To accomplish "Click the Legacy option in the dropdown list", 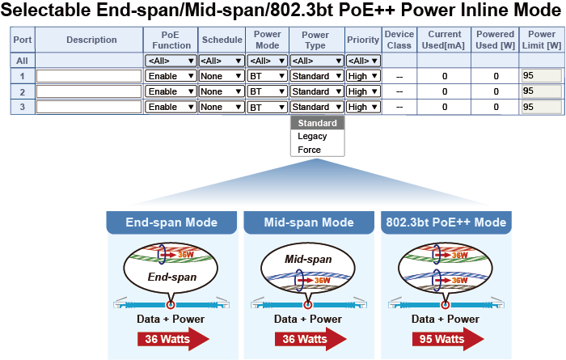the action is tap(312, 136).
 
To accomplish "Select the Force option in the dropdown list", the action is tap(310, 150).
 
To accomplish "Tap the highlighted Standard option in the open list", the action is tap(317, 123).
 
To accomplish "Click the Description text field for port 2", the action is tap(89, 91).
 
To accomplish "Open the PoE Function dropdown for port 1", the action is tap(171, 76).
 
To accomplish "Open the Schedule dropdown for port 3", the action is tap(222, 107).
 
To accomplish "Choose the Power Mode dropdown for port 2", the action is tap(267, 91).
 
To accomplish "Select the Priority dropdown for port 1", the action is tap(363, 76).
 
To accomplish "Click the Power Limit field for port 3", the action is tap(542, 107).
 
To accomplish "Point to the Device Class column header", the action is tap(399, 40).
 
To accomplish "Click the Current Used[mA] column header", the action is tap(444, 40).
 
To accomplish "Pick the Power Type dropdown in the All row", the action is tap(317, 61).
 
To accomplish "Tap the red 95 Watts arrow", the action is tap(448, 339).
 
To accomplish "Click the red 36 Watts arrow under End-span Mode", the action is tap(173, 339).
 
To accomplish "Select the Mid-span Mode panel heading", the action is tap(309, 222).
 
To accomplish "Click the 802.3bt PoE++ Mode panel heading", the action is tap(446, 222).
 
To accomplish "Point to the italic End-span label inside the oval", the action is tap(172, 277).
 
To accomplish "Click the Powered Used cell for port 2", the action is tap(496, 91).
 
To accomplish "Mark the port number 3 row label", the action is tap(23, 107).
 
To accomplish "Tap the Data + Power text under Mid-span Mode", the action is tap(308, 320).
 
